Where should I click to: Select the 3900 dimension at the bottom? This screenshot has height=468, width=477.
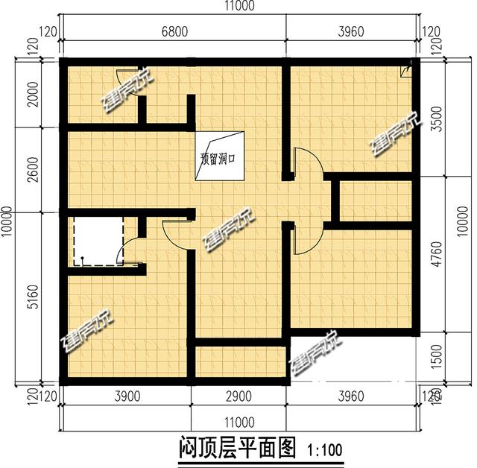pyautogui.click(x=127, y=396)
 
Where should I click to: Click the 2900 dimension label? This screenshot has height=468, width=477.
pyautogui.click(x=238, y=396)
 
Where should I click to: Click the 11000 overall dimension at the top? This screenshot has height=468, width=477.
pyautogui.click(x=238, y=7)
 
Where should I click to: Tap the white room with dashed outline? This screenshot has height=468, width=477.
pyautogui.click(x=98, y=240)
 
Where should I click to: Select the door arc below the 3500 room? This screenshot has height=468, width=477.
pyautogui.click(x=308, y=164)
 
